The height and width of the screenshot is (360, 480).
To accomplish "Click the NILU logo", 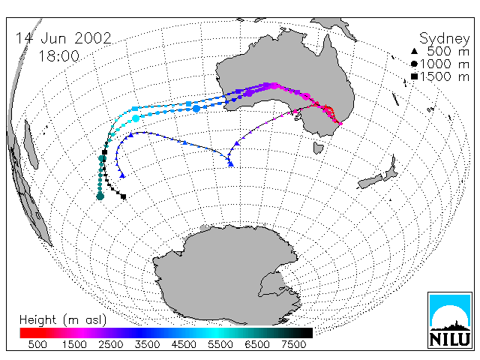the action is pyautogui.click(x=450, y=320).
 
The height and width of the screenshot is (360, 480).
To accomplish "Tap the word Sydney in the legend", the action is pyautogui.click(x=444, y=39).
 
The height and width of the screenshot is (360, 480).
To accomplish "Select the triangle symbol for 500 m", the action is pyautogui.click(x=414, y=51).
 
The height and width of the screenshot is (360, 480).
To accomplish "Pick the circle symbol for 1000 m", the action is pyautogui.click(x=414, y=64).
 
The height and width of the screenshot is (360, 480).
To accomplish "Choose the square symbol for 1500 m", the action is pyautogui.click(x=414, y=76).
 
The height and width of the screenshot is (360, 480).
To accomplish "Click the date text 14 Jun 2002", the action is pyautogui.click(x=63, y=38).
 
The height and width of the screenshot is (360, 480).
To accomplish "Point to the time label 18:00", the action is pyautogui.click(x=58, y=56).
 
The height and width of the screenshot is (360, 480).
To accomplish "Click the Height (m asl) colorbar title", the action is pyautogui.click(x=63, y=320).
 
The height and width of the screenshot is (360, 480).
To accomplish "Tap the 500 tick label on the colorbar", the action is pyautogui.click(x=37, y=344).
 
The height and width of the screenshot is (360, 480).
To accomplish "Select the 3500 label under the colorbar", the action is pyautogui.click(x=147, y=344).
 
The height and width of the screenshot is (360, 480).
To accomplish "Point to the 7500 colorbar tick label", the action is pyautogui.click(x=293, y=344).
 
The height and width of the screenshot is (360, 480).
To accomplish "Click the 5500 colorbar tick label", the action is pyautogui.click(x=220, y=344).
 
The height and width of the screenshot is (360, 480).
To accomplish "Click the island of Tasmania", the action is pyautogui.click(x=318, y=148).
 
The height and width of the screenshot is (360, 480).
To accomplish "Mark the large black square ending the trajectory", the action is pyautogui.click(x=123, y=196).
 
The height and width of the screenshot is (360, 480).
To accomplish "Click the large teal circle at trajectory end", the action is pyautogui.click(x=100, y=196).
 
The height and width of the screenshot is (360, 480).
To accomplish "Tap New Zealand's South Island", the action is pyautogui.click(x=370, y=181).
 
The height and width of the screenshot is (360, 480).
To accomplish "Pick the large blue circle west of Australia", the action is pyautogui.click(x=196, y=108).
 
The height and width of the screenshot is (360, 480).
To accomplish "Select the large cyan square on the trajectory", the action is pyautogui.click(x=135, y=109).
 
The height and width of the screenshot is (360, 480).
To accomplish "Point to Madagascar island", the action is pyautogui.click(x=31, y=145).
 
